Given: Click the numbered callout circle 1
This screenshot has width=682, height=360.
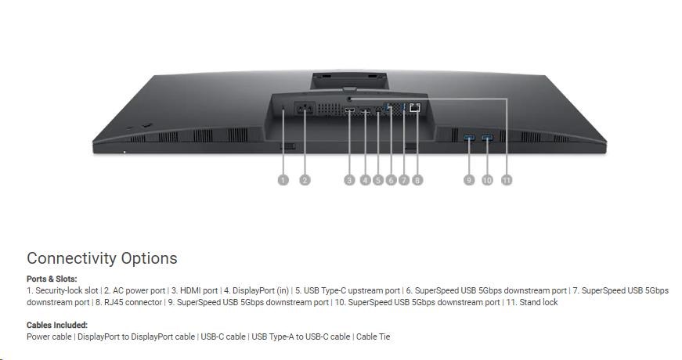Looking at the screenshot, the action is click(x=283, y=179).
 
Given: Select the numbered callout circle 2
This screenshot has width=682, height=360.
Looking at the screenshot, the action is click(x=305, y=179).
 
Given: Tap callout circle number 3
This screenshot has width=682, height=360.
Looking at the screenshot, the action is click(x=349, y=179).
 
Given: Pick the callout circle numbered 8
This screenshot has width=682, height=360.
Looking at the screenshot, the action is click(x=417, y=179).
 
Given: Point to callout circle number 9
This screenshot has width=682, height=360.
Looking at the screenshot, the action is click(x=469, y=179).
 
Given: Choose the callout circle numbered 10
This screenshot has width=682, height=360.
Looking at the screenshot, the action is click(x=487, y=179).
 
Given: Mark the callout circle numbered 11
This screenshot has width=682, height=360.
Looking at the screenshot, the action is click(x=507, y=179).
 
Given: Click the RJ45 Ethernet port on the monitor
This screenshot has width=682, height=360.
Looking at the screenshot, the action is click(x=415, y=107).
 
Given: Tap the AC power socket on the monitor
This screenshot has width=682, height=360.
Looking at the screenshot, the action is click(x=305, y=108).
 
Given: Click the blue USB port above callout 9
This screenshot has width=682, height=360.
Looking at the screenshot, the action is click(x=469, y=138).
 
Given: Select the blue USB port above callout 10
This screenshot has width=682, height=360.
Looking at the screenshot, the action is click(x=487, y=138).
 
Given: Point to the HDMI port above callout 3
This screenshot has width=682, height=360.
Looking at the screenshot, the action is click(x=349, y=110).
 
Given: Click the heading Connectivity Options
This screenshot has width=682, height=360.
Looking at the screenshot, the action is click(x=103, y=258).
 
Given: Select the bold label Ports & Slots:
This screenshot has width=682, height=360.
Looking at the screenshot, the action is click(x=52, y=279).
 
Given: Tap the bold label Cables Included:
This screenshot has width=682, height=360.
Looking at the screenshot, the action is click(x=57, y=325).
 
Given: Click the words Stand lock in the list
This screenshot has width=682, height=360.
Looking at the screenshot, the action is click(x=539, y=302).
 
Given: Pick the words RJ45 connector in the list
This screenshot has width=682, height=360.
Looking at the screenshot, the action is click(x=133, y=302).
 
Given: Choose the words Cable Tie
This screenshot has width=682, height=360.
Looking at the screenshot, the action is click(x=373, y=337).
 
